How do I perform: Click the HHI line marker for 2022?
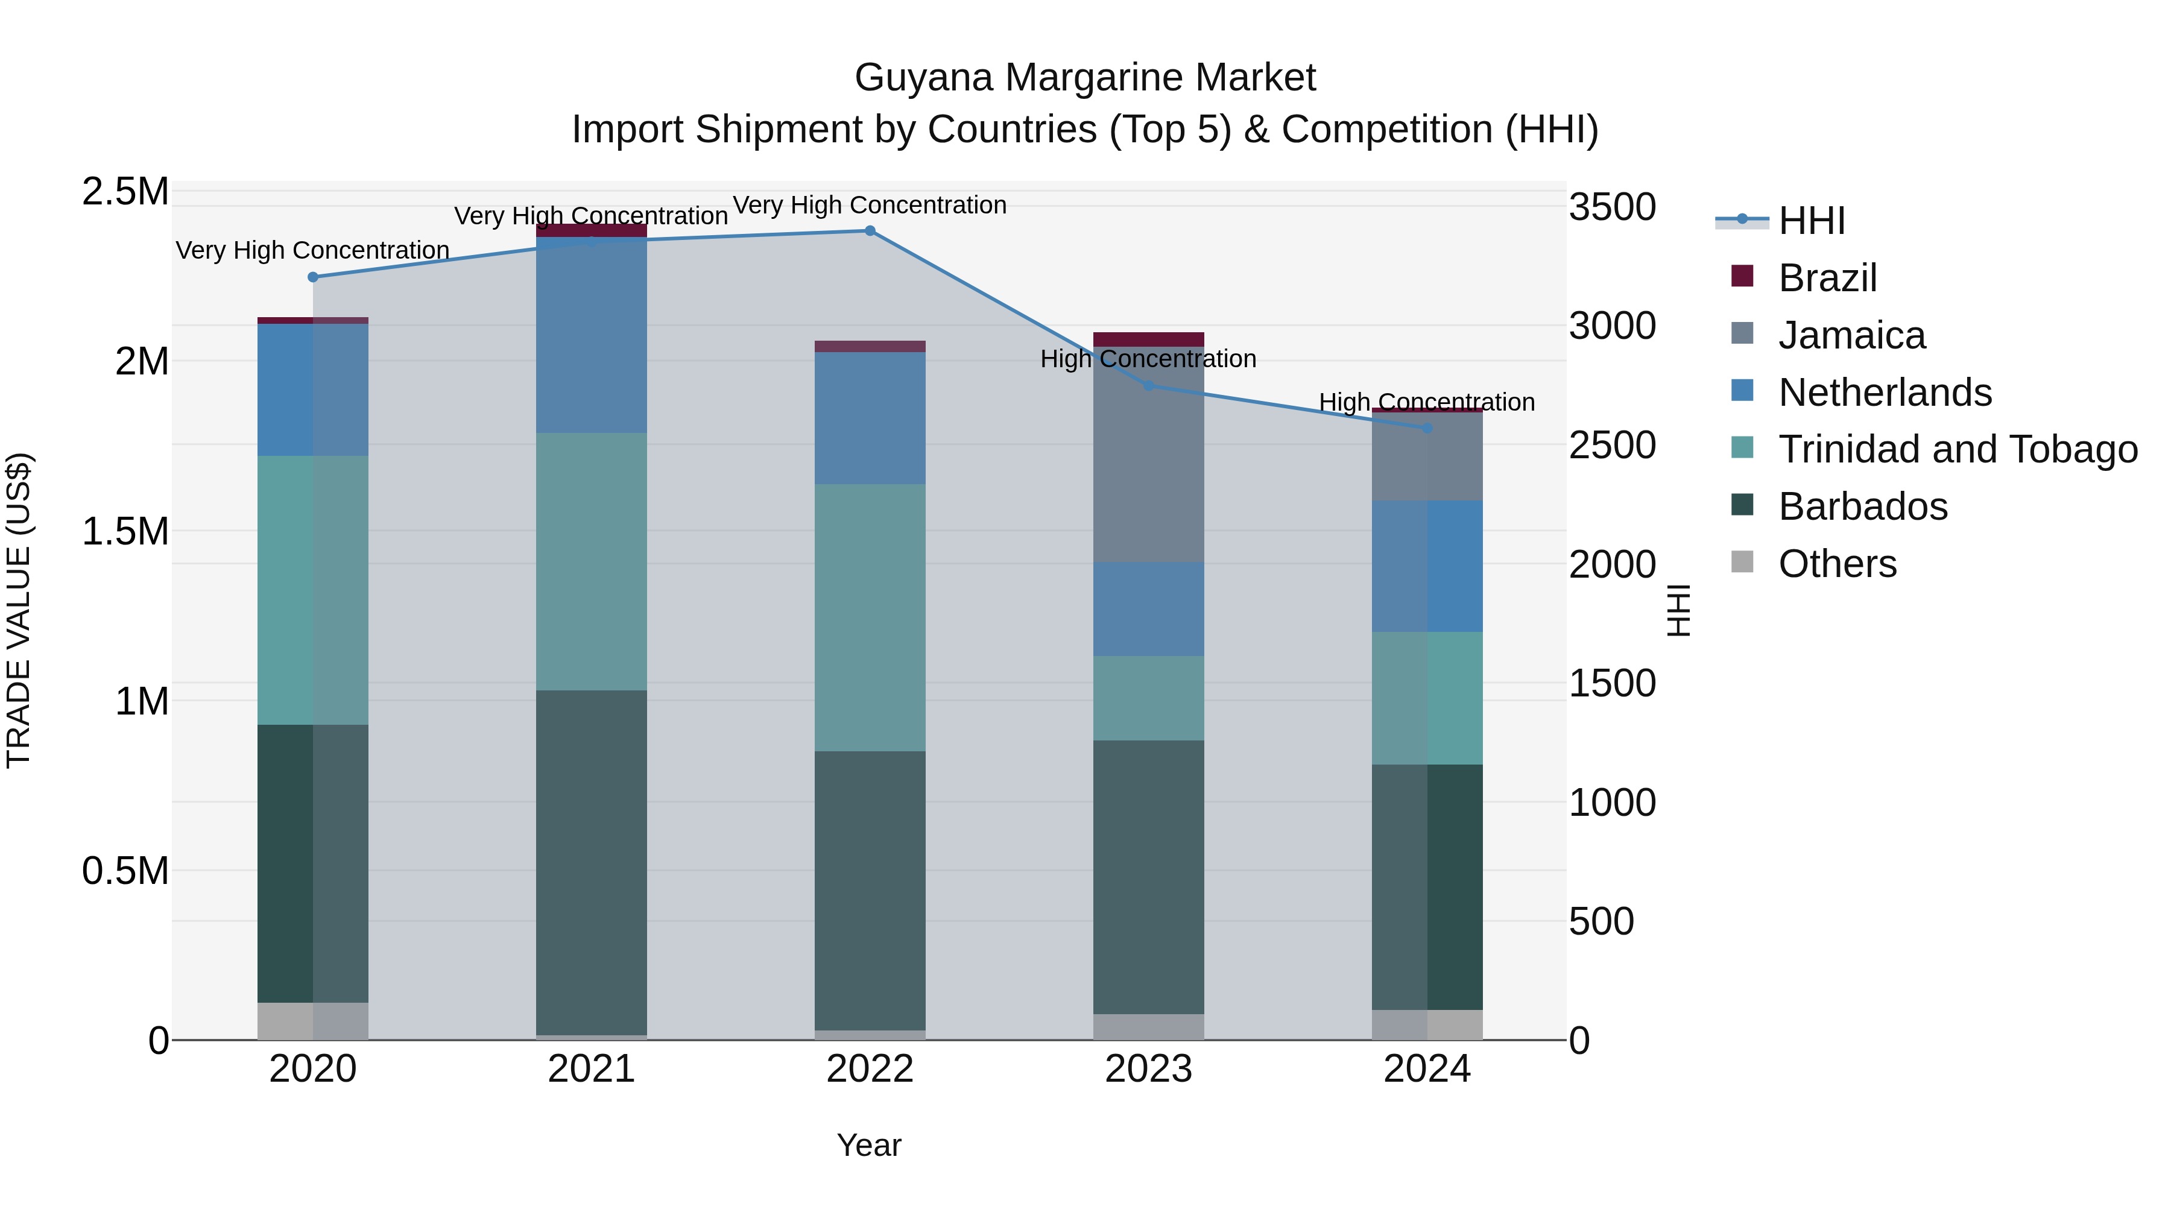point(870,231)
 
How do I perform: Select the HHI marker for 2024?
point(1427,428)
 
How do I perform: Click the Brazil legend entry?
point(1827,278)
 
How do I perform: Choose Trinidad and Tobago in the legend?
point(1958,449)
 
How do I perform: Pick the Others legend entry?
point(1838,564)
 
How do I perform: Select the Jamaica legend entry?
point(1851,335)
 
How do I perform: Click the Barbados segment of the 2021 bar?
point(592,859)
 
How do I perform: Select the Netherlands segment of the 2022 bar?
point(870,418)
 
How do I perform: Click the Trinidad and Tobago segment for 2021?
point(592,561)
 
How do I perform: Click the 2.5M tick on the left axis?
point(125,192)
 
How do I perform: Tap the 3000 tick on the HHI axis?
point(1612,326)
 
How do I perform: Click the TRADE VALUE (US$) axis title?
point(19,610)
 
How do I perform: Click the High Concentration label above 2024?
point(1427,403)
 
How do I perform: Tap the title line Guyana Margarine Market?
point(1085,78)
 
